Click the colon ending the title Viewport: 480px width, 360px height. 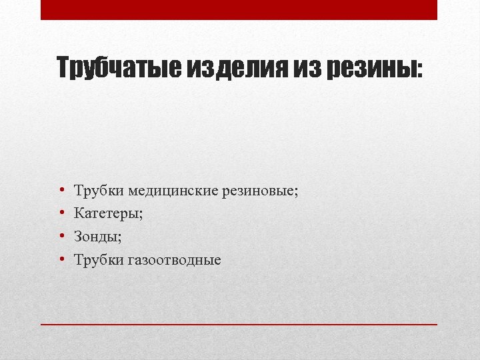[419, 70]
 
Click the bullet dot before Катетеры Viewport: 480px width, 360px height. [60, 214]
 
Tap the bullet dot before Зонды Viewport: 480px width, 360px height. [60, 237]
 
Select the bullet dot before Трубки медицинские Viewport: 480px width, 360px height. [60, 191]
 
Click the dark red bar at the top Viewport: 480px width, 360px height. [239, 9]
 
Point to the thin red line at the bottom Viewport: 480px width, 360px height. [239, 324]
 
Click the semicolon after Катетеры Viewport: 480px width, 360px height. [141, 215]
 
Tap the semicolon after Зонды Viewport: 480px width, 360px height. [119, 238]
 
